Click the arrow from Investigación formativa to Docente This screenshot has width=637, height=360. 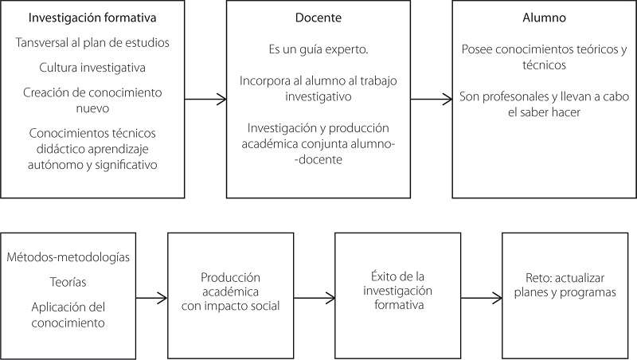click(x=203, y=100)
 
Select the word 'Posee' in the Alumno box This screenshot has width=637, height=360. click(x=477, y=49)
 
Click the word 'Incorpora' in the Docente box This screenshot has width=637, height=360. click(x=264, y=80)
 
